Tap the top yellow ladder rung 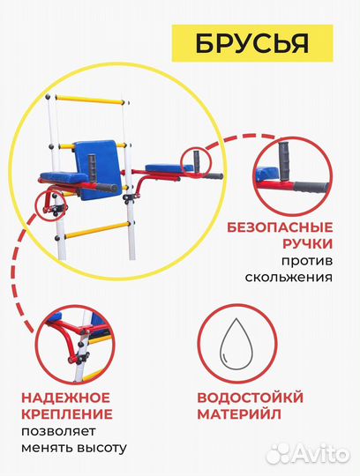[x=83, y=97]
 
